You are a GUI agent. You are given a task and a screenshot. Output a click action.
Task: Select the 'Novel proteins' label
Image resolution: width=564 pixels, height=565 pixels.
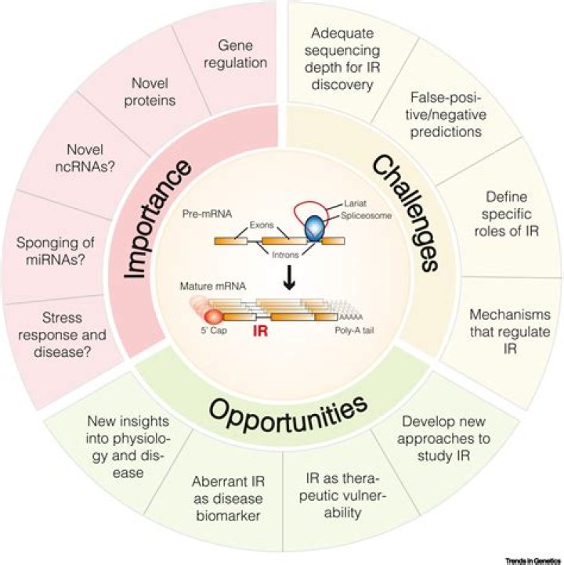click(154, 92)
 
